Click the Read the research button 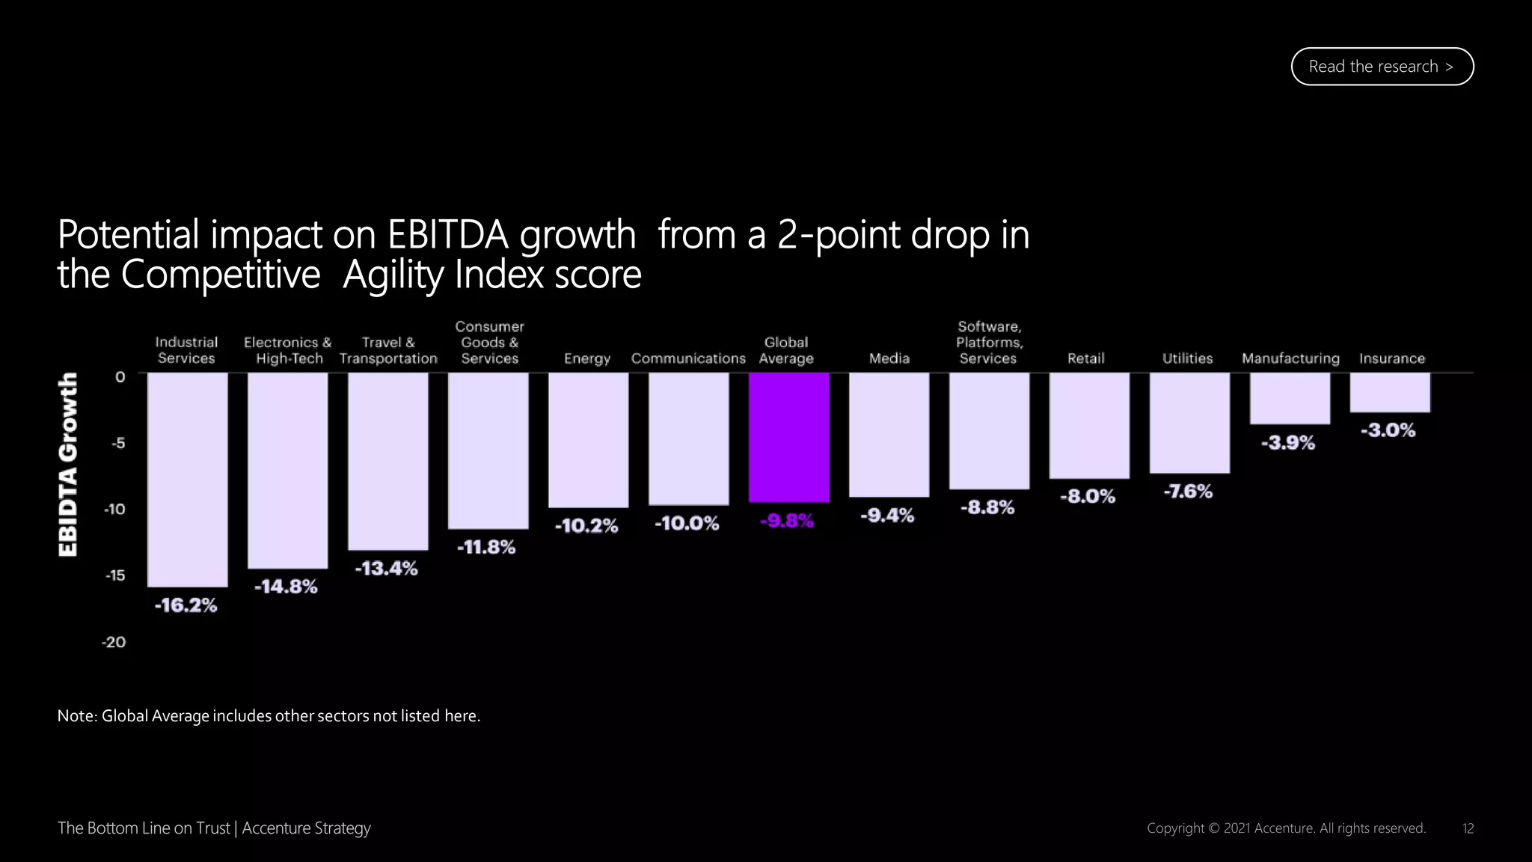[x=1382, y=67]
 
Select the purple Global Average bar [x=788, y=437]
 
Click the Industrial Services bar [x=187, y=479]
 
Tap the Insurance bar [x=1390, y=392]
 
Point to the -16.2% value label [x=186, y=605]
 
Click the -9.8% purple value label [x=786, y=521]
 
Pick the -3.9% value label [x=1287, y=443]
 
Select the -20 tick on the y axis [x=114, y=642]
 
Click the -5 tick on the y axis [x=118, y=443]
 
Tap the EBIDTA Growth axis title [x=68, y=464]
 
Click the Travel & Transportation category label [x=387, y=350]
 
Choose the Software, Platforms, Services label [x=988, y=343]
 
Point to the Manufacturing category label [x=1290, y=358]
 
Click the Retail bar [x=1089, y=425]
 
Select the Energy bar [x=588, y=440]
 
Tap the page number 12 [x=1468, y=828]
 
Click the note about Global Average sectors [x=269, y=716]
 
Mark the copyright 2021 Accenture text [x=1286, y=828]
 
